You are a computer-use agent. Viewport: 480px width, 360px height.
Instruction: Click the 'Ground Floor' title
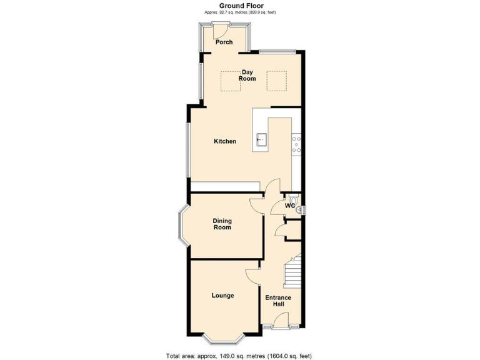[241, 5]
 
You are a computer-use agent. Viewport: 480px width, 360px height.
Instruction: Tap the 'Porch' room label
[224, 42]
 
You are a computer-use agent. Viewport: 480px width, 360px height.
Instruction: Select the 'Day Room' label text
[247, 76]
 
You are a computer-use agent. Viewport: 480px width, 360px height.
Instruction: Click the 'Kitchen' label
[225, 141]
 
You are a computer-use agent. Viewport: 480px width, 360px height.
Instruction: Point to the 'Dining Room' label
[222, 224]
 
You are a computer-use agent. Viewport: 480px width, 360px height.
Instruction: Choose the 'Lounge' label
[222, 296]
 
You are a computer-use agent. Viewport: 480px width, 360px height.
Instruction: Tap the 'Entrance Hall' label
[278, 301]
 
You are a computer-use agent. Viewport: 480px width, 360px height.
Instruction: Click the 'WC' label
[290, 206]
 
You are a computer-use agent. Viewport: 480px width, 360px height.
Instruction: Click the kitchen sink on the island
[261, 139]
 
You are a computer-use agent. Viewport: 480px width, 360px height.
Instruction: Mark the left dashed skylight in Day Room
[230, 81]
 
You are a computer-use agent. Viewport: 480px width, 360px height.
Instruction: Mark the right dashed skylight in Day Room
[277, 80]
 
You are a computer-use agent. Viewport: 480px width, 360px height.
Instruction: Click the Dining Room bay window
[181, 224]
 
